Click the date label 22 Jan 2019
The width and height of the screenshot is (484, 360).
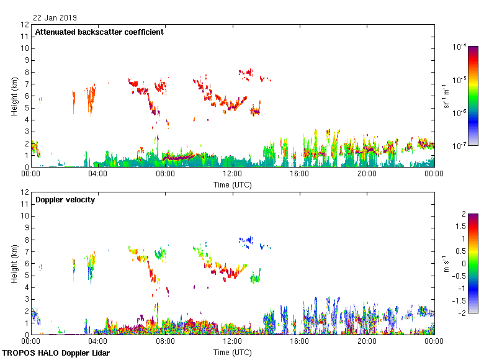(55, 18)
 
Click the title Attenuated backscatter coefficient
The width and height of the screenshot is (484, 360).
(99, 32)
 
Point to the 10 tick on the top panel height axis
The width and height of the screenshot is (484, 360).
(25, 48)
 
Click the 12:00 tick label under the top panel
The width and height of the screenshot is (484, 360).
(232, 174)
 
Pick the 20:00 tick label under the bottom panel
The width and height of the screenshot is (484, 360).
(367, 341)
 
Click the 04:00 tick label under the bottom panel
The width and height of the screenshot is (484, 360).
(97, 341)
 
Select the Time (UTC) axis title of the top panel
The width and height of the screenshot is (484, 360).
(232, 184)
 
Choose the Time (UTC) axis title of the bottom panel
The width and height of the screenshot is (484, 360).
(232, 352)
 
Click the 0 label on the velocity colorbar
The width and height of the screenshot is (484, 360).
(460, 263)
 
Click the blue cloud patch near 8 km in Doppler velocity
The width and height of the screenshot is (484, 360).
(247, 240)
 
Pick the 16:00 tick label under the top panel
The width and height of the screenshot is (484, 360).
(299, 174)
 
